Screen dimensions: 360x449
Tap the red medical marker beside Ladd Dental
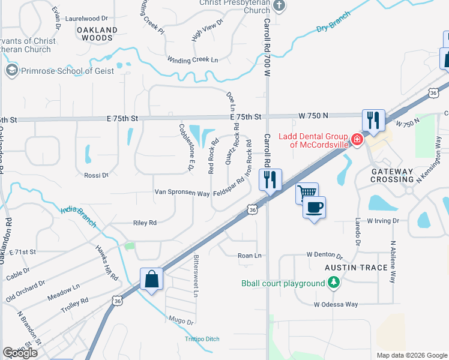[x=357, y=140]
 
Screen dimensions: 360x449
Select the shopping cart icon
[x=307, y=193]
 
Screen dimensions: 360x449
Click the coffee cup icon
[x=315, y=208]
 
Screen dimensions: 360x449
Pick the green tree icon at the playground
[x=333, y=282]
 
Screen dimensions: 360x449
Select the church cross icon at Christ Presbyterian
[x=279, y=5]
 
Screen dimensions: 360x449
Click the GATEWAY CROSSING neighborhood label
[x=393, y=176]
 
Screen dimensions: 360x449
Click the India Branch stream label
[x=79, y=217]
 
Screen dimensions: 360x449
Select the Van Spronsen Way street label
[x=182, y=194]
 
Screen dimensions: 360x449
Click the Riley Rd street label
[x=145, y=223]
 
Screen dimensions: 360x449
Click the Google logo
[x=20, y=353]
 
